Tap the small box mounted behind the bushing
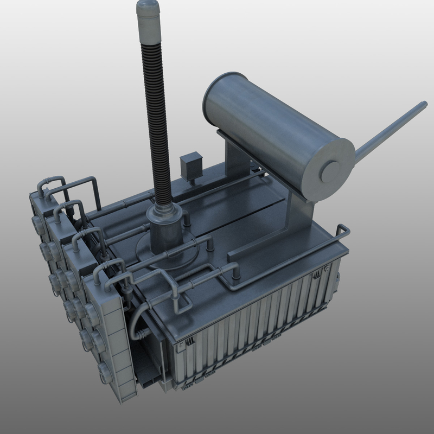(190, 165)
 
